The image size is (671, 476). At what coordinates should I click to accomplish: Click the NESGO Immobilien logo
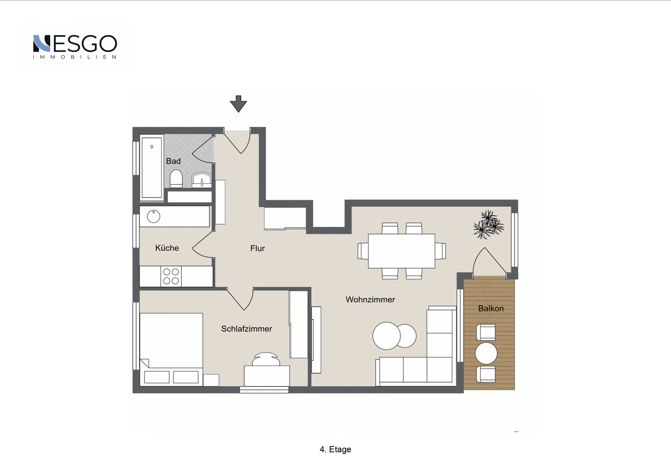click(75, 47)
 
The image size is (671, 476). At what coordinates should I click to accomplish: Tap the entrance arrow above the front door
click(239, 103)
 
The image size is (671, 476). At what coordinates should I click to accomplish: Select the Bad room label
click(173, 161)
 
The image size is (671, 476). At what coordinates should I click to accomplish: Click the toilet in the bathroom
click(176, 179)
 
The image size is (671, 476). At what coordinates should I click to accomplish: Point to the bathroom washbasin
click(202, 180)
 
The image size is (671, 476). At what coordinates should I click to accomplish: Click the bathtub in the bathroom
click(152, 167)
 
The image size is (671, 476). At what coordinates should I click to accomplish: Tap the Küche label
click(167, 248)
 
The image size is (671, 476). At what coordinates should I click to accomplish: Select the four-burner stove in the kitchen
click(171, 276)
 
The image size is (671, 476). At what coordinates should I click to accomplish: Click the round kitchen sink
click(153, 216)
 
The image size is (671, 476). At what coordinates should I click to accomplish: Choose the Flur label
click(258, 248)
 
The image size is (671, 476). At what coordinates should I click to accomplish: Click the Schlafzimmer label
click(246, 329)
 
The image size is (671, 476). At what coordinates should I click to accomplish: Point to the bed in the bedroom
click(171, 350)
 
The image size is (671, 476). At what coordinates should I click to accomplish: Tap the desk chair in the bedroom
click(266, 359)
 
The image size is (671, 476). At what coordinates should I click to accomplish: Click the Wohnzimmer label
click(370, 299)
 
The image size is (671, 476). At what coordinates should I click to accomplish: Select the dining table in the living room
click(401, 251)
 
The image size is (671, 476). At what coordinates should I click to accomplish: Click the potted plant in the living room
click(488, 224)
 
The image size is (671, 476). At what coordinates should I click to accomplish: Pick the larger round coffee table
click(386, 336)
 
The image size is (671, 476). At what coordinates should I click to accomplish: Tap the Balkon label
click(491, 309)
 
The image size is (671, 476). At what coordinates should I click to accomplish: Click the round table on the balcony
click(486, 353)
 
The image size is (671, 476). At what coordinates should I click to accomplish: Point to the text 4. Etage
click(335, 449)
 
